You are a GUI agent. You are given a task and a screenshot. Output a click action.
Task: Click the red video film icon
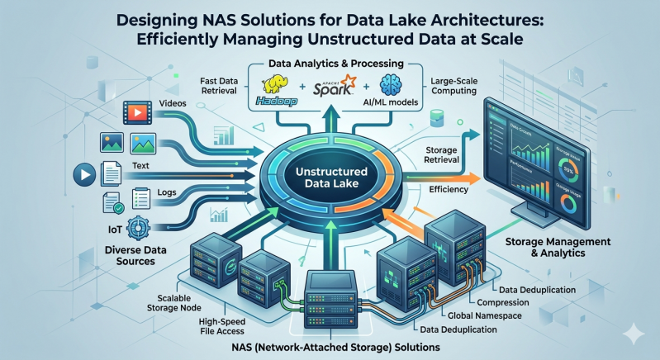click(x=137, y=110)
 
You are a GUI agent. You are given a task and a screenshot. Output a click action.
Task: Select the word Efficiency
click(x=449, y=190)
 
